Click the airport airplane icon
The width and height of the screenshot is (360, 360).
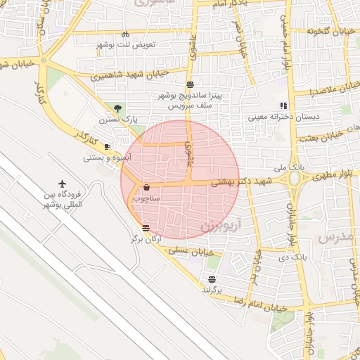point(65,184)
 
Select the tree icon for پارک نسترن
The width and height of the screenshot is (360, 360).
point(117,108)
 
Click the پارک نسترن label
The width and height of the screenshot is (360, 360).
point(117,120)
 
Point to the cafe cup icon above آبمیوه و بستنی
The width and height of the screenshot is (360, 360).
point(107,147)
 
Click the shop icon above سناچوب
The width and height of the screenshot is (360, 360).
point(146,188)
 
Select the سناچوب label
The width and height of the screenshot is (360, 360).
point(147,199)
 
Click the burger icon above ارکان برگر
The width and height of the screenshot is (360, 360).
point(146,228)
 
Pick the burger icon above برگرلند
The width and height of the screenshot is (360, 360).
point(212,278)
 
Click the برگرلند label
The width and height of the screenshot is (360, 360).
point(212,290)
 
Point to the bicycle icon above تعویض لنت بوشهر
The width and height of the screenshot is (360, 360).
point(125,34)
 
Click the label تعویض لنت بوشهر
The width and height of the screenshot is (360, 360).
point(125,44)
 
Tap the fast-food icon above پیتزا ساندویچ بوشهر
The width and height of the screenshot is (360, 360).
point(190,84)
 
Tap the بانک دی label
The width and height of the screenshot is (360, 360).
point(294,258)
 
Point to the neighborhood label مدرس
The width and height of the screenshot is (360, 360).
point(333,237)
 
